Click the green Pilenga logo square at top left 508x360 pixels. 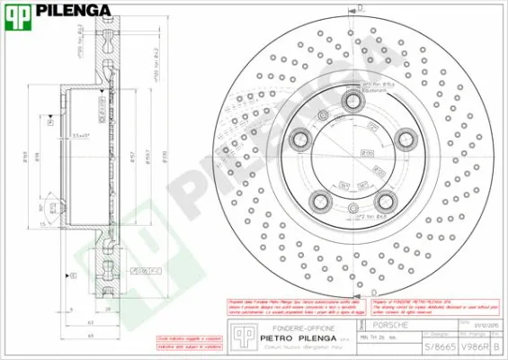[x=17, y=12]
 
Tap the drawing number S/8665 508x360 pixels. [x=438, y=346]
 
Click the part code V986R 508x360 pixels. [x=473, y=346]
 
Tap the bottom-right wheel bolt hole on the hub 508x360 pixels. [x=386, y=200]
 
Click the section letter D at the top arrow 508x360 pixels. [x=361, y=7]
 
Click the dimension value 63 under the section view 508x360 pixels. [x=92, y=320]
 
